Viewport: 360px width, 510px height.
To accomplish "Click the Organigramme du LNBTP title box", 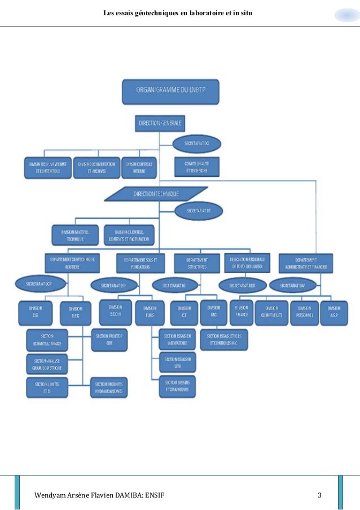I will (171, 91).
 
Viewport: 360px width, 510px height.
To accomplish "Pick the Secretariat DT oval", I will (198, 211).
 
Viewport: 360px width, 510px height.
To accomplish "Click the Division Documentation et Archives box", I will (97, 167).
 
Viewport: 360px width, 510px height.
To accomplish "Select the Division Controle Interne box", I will (139, 167).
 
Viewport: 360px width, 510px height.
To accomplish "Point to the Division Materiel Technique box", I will (75, 236).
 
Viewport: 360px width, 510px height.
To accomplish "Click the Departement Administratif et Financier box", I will (305, 262).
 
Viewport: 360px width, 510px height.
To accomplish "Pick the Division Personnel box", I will (304, 312).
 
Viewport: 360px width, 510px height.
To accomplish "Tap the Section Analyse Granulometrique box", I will (47, 364).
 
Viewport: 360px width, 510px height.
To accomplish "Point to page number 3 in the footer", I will (319, 496).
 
